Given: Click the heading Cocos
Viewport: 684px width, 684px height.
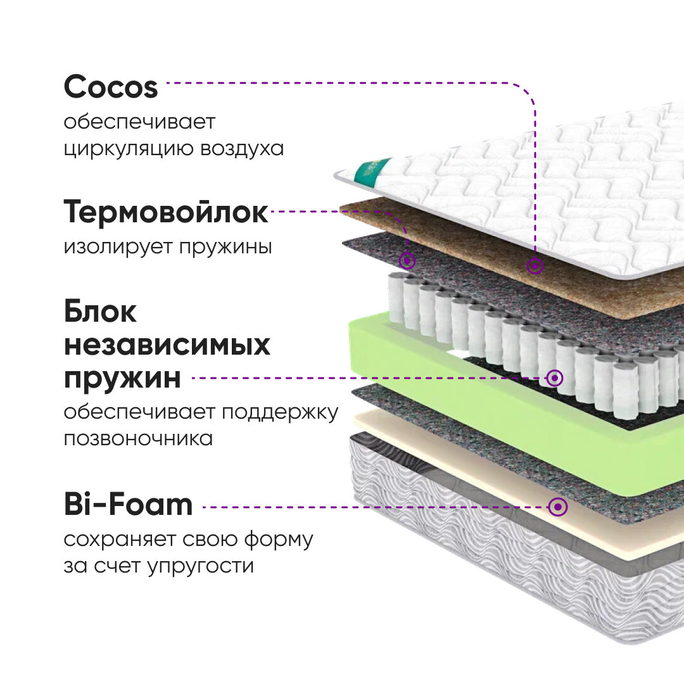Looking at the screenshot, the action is [111, 87].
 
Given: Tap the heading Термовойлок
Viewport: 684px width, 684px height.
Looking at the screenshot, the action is [166, 213].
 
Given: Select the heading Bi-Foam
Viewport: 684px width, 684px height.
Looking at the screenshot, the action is [128, 505].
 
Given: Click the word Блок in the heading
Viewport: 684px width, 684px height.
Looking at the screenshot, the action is [100, 312].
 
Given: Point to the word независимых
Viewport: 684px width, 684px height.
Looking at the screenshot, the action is [167, 346].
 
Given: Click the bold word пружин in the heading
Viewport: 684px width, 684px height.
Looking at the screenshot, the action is [122, 379].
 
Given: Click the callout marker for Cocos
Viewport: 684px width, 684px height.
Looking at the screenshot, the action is [535, 267].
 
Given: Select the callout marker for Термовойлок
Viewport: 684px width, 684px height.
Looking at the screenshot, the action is [408, 260].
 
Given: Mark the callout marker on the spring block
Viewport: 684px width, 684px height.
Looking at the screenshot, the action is [555, 378].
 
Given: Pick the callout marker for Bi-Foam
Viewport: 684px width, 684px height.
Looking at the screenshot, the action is [558, 507].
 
